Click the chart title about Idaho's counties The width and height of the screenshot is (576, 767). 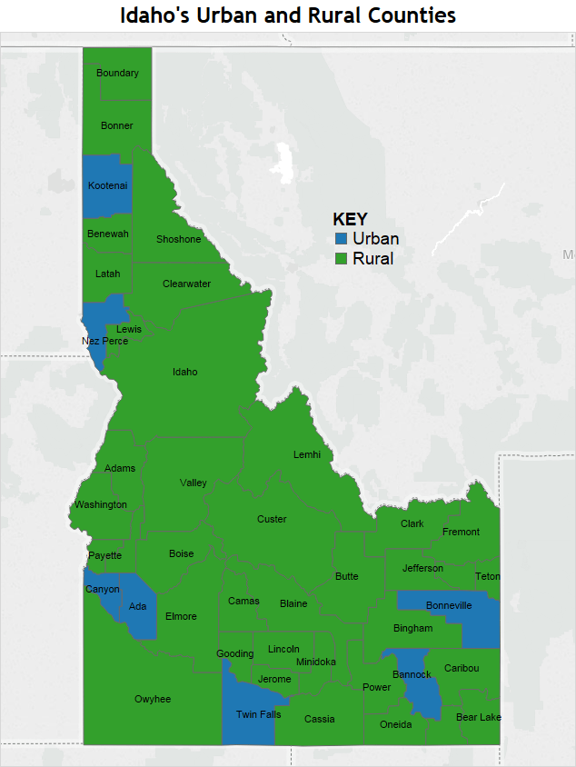point(288,15)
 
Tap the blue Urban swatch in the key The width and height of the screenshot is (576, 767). point(342,239)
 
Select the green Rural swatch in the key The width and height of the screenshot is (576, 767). point(342,259)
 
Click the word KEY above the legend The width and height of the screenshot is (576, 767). point(350,220)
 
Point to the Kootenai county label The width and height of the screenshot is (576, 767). point(108,186)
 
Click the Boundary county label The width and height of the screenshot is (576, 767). point(117,74)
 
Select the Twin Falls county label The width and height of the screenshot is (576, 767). point(258,715)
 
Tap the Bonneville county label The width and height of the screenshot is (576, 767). point(449,606)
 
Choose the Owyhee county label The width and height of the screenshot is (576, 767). point(153,700)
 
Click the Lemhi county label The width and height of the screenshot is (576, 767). point(307,454)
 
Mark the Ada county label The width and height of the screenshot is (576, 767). point(137,607)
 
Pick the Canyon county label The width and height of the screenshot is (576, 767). point(103,589)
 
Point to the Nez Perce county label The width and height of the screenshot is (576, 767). point(104,342)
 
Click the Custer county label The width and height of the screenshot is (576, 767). point(272,520)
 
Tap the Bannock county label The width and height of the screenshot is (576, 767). point(412,675)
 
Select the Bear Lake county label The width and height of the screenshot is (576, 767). point(479,718)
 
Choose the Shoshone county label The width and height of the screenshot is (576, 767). point(178,240)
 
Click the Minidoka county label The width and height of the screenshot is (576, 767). point(316,662)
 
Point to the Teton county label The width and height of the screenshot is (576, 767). point(487,577)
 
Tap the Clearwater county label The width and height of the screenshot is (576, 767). point(186,284)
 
